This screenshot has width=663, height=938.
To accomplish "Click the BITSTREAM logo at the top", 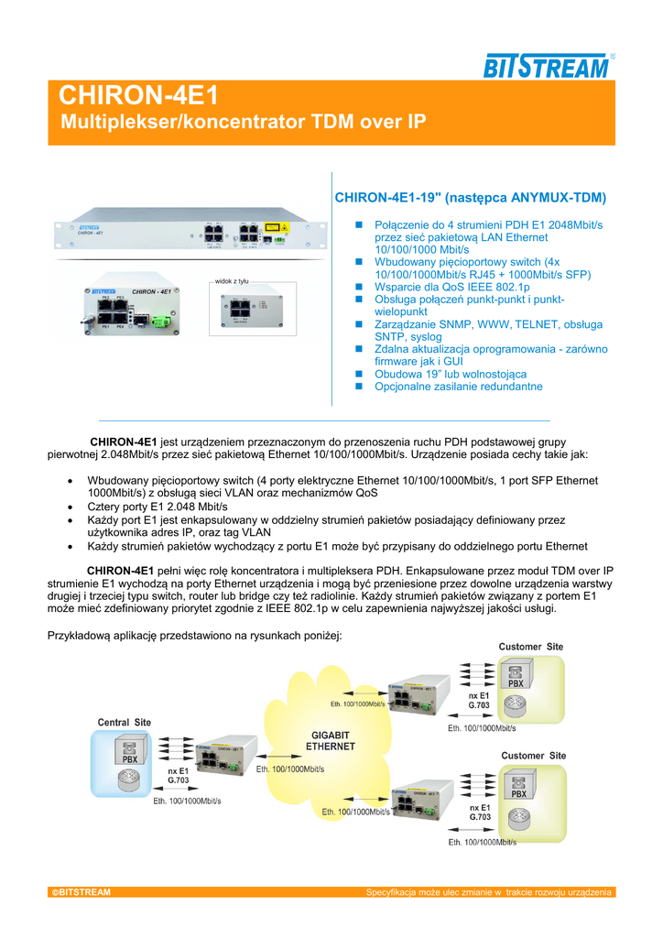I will pos(546,67).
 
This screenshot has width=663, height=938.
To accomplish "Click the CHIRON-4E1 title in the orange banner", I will pos(138,96).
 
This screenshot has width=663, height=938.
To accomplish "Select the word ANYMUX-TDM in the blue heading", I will pos(559,197).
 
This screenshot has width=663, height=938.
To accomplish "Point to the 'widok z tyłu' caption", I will pos(232,282).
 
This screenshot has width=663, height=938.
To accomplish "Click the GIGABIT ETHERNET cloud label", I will pos(330,740).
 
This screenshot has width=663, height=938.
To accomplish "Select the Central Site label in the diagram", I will pos(125,723).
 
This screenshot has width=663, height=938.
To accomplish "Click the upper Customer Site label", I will pos(531,647).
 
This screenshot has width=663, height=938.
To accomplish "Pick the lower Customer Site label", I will pos(534,756).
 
